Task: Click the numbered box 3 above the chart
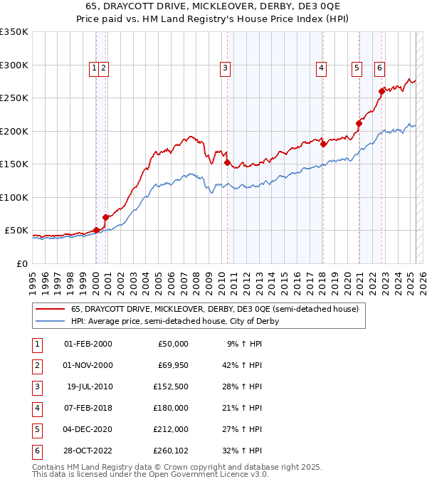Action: pyautogui.click(x=225, y=68)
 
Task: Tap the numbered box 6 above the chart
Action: pyautogui.click(x=379, y=68)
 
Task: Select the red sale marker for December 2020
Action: pyautogui.click(x=359, y=123)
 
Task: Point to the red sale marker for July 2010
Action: pyautogui.click(x=227, y=162)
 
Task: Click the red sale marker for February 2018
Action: pyautogui.click(x=323, y=144)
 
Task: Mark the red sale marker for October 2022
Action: pyautogui.click(x=382, y=91)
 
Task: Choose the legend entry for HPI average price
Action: pyautogui.click(x=174, y=321)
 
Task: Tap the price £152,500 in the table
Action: pyautogui.click(x=169, y=386)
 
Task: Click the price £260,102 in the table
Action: pyautogui.click(x=169, y=450)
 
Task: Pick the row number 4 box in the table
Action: pyautogui.click(x=36, y=407)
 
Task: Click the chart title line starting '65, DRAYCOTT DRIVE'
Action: pyautogui.click(x=213, y=6)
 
